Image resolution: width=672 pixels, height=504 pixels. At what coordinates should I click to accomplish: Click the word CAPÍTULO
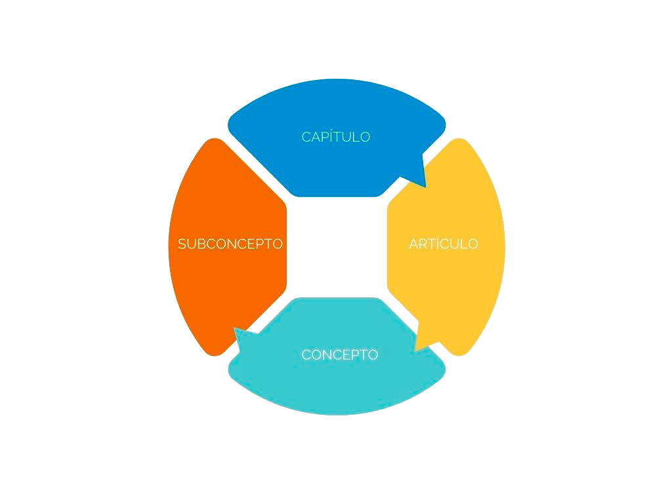pos(336,136)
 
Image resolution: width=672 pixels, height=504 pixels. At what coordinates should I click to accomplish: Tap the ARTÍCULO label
pos(443,243)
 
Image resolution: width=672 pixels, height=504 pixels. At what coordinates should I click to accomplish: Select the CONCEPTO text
pos(339,354)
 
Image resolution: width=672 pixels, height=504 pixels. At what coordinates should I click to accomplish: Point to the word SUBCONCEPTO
pos(230,243)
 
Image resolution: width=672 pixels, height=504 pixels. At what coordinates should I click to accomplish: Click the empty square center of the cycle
pos(337,247)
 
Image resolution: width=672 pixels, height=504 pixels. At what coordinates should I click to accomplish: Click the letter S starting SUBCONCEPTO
pos(182,244)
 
